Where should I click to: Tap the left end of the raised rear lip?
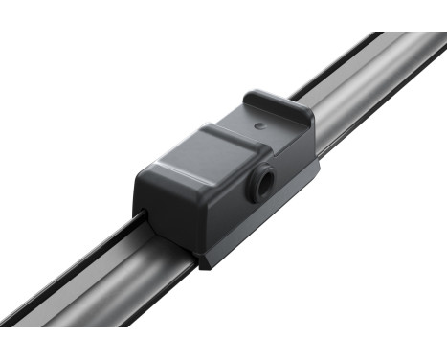tap(251, 98)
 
